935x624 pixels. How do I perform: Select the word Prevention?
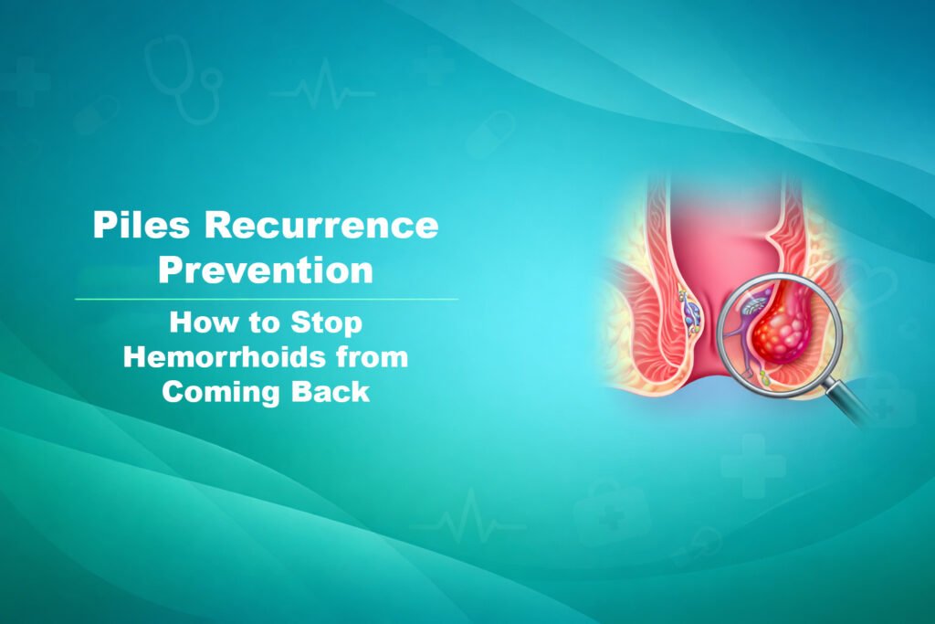tap(266, 271)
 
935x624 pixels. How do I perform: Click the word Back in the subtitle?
tap(332, 391)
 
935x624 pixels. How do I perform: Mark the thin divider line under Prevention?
tap(266, 299)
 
